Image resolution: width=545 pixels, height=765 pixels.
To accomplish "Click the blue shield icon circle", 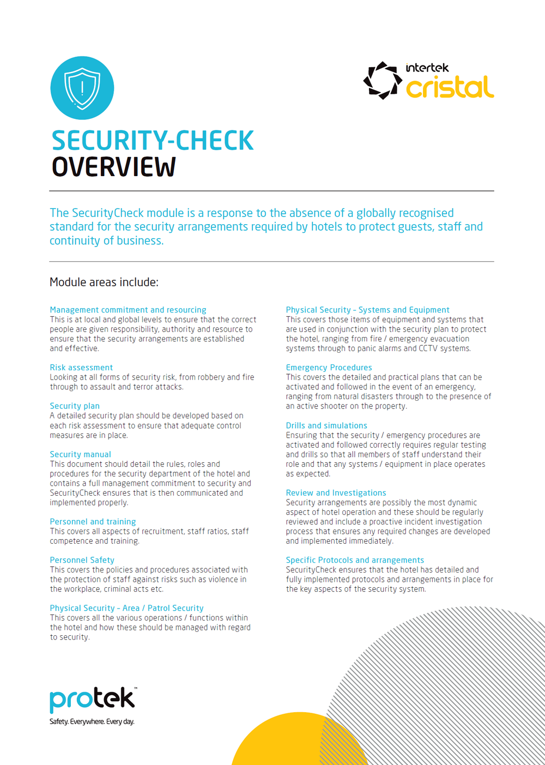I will [x=82, y=88].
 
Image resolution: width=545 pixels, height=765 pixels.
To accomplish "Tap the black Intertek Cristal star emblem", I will [x=383, y=81].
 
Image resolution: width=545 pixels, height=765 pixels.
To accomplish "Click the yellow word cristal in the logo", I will [x=450, y=88].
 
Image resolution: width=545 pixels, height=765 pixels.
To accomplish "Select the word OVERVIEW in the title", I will [x=113, y=167].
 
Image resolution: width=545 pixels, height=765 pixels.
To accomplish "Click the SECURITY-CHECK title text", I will [x=153, y=141].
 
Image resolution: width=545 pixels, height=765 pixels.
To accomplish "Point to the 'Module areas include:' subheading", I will [x=104, y=282].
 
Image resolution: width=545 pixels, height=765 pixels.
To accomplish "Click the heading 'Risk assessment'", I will [x=81, y=368].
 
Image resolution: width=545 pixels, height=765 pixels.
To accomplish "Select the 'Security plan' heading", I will [x=75, y=406].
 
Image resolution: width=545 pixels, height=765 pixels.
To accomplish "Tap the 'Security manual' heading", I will [x=80, y=454].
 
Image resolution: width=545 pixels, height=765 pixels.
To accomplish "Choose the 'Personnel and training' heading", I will [x=93, y=522].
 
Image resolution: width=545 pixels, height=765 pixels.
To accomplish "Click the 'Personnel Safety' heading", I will [x=82, y=560].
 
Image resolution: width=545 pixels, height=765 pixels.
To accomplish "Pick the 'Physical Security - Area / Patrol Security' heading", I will [x=126, y=608].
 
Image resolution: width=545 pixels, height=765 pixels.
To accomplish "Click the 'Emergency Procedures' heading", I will [x=329, y=368].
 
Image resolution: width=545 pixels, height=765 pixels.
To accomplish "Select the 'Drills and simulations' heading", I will [x=326, y=425].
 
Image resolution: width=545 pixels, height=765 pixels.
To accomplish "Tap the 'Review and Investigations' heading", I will [x=336, y=493].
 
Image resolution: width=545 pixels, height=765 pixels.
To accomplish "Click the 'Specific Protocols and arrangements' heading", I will [x=355, y=560].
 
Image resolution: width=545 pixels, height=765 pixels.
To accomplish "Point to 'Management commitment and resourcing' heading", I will [x=128, y=310].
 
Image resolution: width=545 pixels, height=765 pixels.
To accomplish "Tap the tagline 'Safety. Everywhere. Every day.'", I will [x=92, y=722].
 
